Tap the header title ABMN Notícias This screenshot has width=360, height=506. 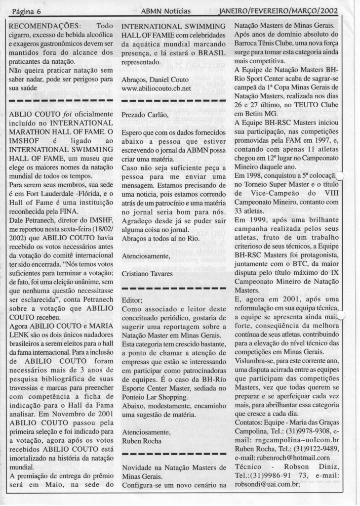pyautogui.click(x=166, y=10)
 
